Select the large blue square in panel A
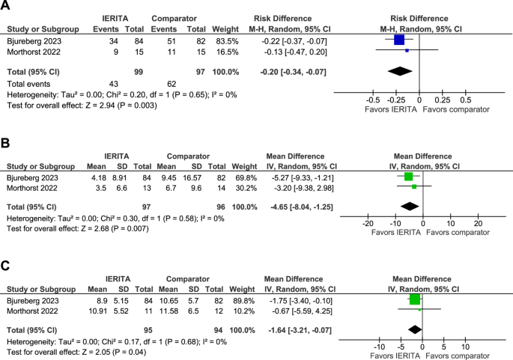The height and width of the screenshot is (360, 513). (x=398, y=39)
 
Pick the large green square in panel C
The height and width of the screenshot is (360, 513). (x=415, y=299)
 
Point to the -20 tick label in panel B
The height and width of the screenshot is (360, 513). (x=367, y=223)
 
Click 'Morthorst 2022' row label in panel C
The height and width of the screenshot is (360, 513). (x=36, y=308)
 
